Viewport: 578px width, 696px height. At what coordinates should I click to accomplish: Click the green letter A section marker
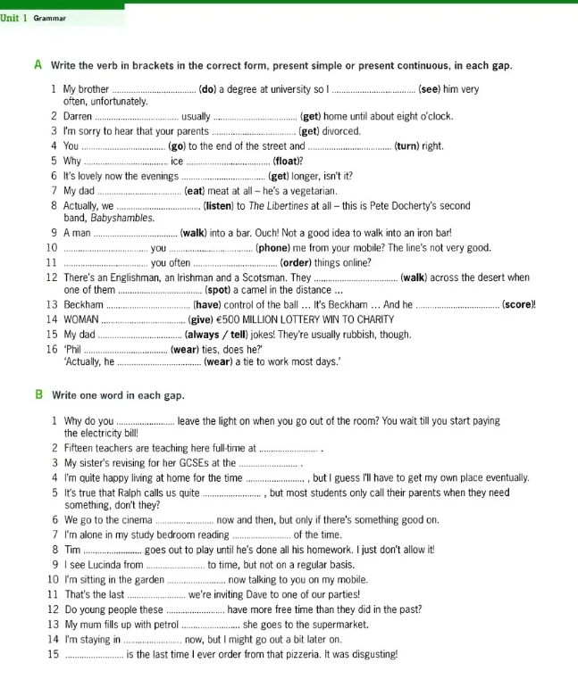coord(38,66)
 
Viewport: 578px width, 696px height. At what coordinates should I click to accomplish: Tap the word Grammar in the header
coord(50,17)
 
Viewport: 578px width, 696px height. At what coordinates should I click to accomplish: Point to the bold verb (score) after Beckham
coord(519,305)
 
